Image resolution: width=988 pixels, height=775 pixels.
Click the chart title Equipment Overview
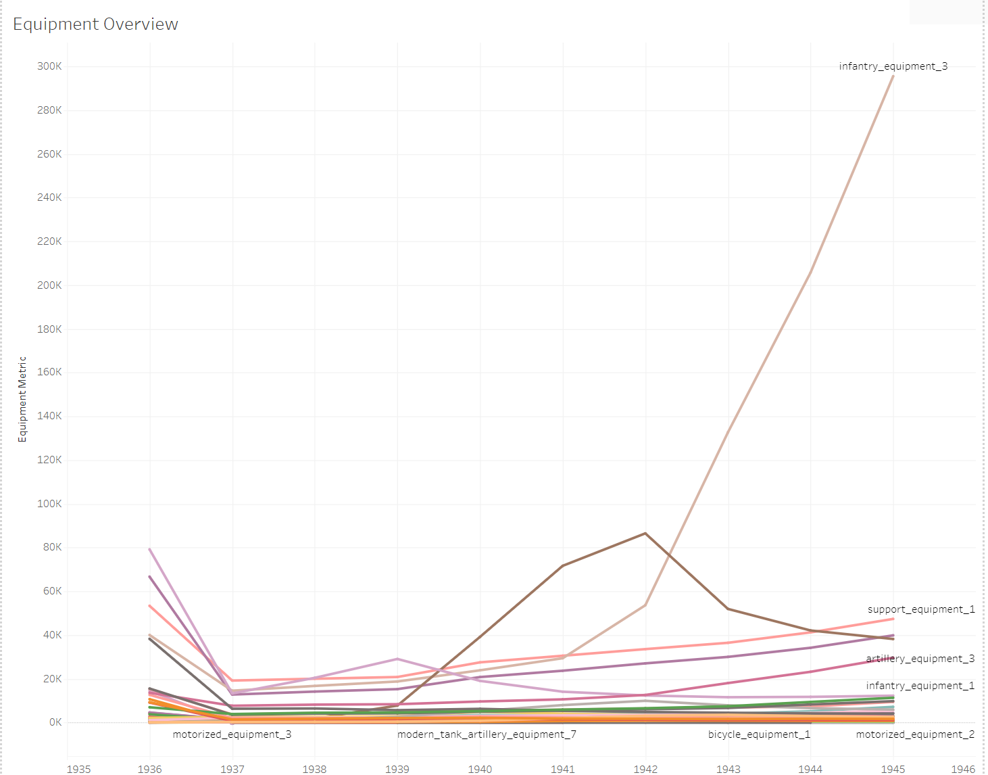click(x=95, y=24)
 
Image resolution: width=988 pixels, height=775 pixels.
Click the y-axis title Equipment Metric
click(x=22, y=399)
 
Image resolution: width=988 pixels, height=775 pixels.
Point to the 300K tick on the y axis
click(x=49, y=66)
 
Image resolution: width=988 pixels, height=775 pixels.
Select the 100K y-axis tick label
click(x=49, y=504)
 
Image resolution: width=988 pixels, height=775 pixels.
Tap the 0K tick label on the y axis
click(x=55, y=722)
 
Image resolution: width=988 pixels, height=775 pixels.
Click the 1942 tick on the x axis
click(x=645, y=769)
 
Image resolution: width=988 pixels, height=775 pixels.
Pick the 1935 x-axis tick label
click(x=79, y=769)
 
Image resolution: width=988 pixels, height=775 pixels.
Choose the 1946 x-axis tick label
click(x=963, y=769)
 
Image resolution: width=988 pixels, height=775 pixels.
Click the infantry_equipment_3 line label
click(x=893, y=66)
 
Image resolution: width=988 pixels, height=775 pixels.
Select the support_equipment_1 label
click(x=921, y=609)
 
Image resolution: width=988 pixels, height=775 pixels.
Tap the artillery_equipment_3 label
click(x=920, y=659)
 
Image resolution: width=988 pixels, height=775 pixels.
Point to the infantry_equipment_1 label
click(x=920, y=686)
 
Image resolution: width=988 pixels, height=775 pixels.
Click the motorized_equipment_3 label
click(x=232, y=734)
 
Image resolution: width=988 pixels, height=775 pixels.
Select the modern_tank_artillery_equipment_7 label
click(x=487, y=734)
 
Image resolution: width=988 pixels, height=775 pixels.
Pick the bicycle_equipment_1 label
click(x=759, y=734)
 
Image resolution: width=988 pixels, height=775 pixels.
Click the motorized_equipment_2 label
click(x=915, y=734)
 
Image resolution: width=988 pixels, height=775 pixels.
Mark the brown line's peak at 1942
click(x=645, y=534)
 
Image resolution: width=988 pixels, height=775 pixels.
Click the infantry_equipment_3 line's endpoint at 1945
click(x=893, y=76)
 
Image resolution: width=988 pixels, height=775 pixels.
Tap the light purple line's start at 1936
click(x=150, y=549)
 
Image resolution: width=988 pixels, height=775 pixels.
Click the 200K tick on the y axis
click(x=49, y=285)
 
